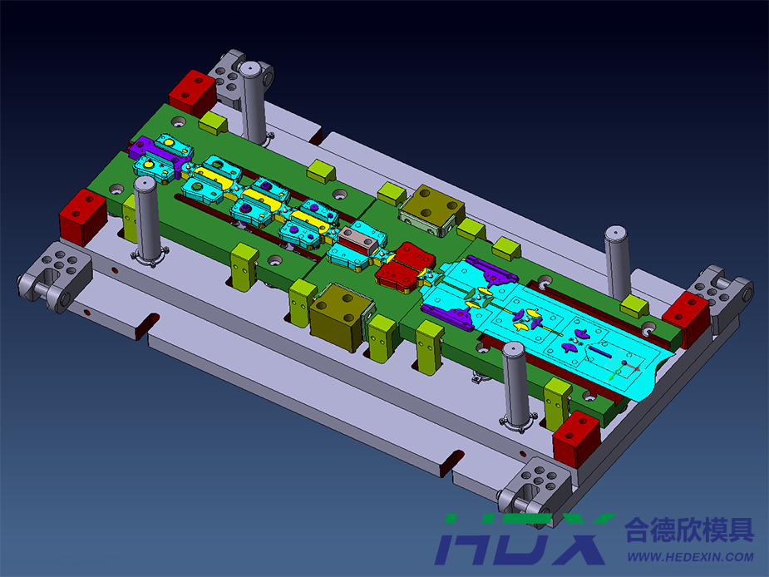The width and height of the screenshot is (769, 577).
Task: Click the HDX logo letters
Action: (x=524, y=540)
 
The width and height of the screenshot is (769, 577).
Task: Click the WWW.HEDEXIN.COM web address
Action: (x=691, y=557)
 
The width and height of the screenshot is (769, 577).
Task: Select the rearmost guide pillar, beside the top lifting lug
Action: (x=253, y=102)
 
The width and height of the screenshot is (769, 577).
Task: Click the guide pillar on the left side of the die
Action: (x=146, y=219)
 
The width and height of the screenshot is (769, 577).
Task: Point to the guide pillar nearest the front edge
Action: (x=515, y=385)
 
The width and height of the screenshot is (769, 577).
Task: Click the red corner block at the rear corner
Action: (x=193, y=92)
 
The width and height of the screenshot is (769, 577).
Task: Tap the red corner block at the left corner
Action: (x=82, y=217)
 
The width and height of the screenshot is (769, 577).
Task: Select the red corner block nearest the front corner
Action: (x=577, y=439)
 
